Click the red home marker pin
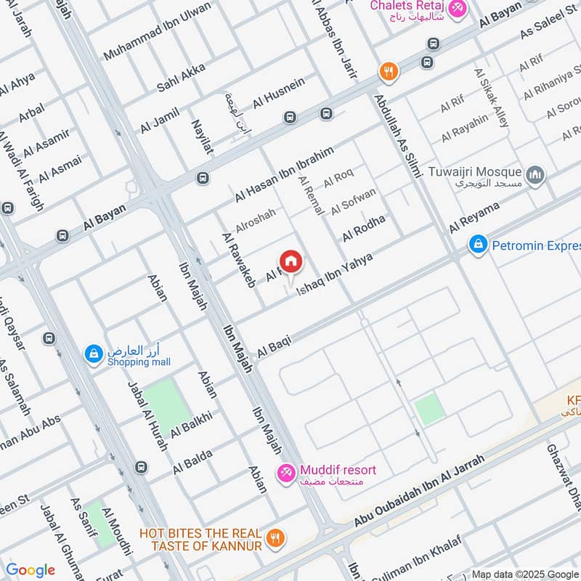(290, 261)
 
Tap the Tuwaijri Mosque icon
(535, 175)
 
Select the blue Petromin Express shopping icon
(477, 245)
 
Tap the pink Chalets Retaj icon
(457, 9)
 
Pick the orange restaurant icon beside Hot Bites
(275, 538)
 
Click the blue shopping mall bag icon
(93, 354)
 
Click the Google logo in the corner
(31, 570)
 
